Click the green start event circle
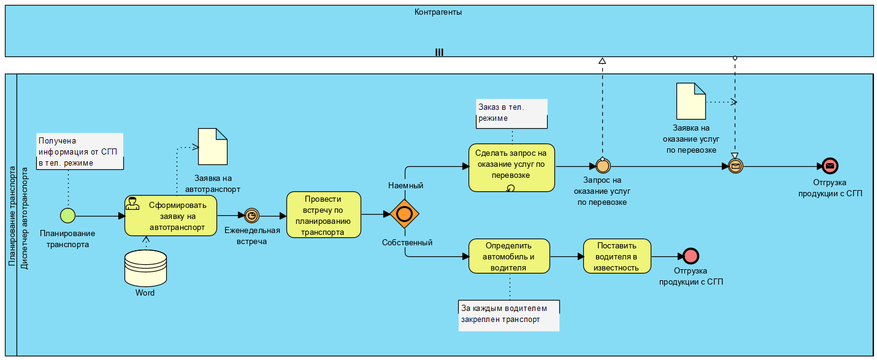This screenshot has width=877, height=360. pos(67,215)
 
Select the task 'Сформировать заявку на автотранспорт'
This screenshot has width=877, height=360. pos(170,215)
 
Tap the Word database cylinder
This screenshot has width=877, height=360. pos(145,268)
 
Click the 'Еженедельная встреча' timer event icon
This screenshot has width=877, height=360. pos(251,215)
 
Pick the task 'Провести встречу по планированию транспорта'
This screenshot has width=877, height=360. pos(323,215)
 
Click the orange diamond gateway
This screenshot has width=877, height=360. pos(404,214)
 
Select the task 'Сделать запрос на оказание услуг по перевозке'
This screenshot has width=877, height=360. pos(511,167)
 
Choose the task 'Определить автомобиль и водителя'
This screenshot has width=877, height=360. pos(509,256)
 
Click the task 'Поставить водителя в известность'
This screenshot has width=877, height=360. pos(616,256)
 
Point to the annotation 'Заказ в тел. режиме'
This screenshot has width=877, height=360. pos(511,113)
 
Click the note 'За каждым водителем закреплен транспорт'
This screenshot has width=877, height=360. pos(509,314)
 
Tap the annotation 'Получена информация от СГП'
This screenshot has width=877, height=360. pos(80,151)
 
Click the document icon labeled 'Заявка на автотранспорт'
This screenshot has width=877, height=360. pos(212,146)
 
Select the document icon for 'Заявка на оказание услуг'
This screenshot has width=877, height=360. pos(691,101)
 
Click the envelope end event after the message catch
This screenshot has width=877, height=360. pos(830,166)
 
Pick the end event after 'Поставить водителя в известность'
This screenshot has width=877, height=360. pos(691,256)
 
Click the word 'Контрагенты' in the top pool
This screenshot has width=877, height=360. pos(438,12)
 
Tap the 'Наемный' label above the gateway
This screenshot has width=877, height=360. pos(405,185)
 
